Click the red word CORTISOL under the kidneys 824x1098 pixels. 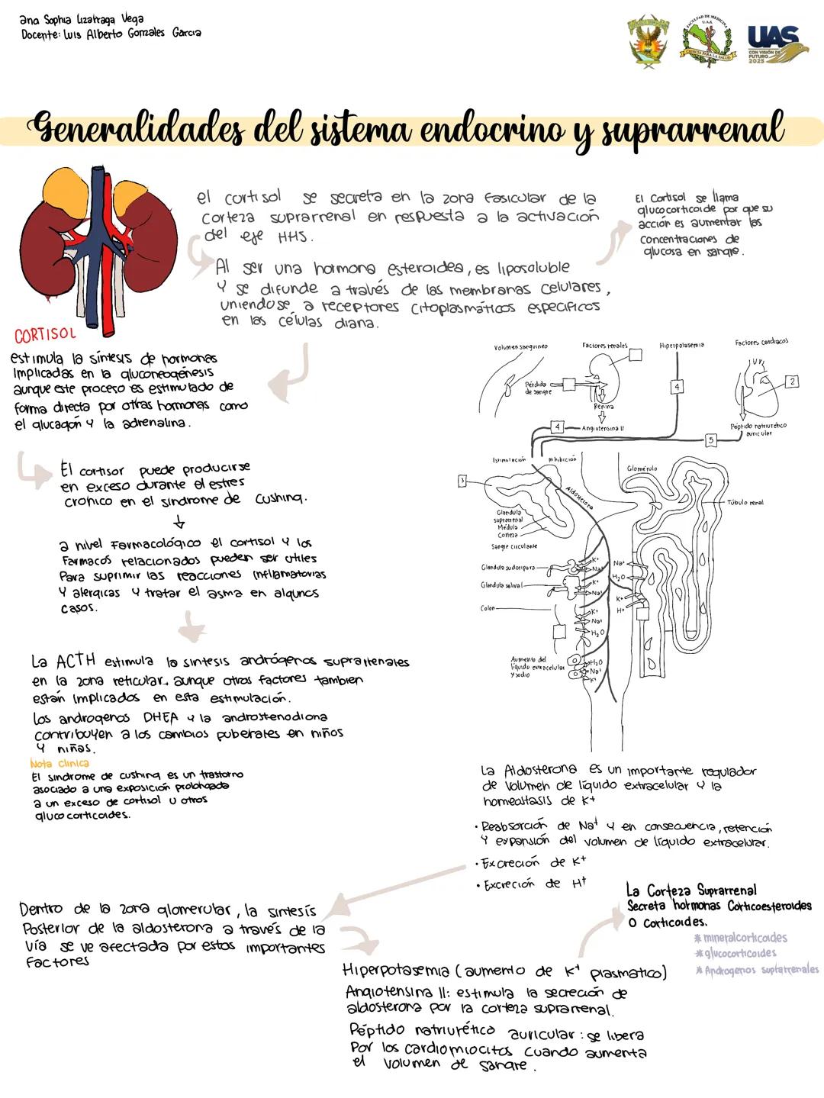point(45,335)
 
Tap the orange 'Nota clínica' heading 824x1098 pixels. point(59,763)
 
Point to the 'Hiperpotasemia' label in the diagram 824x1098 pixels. point(681,346)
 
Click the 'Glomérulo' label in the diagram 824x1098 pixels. point(642,469)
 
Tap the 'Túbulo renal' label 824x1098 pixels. point(745,503)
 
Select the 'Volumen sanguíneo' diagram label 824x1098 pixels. point(520,346)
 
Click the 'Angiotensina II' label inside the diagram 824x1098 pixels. point(603,429)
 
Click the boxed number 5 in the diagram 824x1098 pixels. point(710,440)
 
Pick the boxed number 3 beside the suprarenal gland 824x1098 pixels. point(462,481)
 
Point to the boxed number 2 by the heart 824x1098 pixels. point(792,381)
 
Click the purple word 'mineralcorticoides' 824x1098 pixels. point(740,938)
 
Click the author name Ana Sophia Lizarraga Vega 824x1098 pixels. point(82,19)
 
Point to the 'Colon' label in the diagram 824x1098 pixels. point(488,609)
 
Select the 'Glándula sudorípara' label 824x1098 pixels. point(508,568)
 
